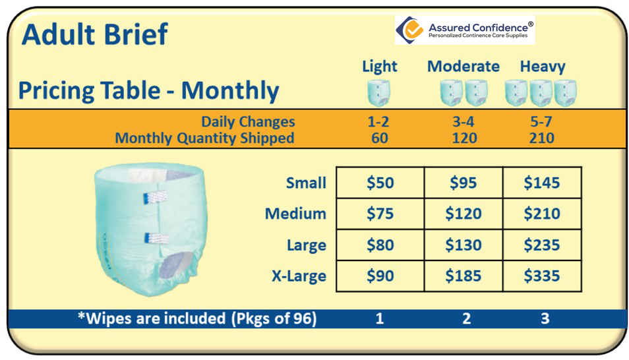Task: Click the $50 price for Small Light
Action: [x=380, y=183]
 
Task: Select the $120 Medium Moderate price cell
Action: [x=464, y=214]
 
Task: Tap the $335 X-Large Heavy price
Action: [x=541, y=276]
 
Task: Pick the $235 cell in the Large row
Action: [x=541, y=245]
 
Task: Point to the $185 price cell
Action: [x=464, y=276]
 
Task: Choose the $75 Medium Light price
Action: [x=380, y=214]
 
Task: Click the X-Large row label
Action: [x=299, y=276]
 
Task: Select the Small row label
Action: [x=306, y=183]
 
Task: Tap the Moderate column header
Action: [x=464, y=66]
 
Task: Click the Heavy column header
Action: [x=543, y=67]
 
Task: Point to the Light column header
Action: [x=380, y=67]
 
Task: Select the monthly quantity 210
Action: [x=541, y=138]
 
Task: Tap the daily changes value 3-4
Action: [x=464, y=121]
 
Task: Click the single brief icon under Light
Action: [x=378, y=93]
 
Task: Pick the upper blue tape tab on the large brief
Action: [x=155, y=196]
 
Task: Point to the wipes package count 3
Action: [x=545, y=318]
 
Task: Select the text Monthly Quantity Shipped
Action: [x=204, y=138]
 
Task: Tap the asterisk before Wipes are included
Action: [x=82, y=316]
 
